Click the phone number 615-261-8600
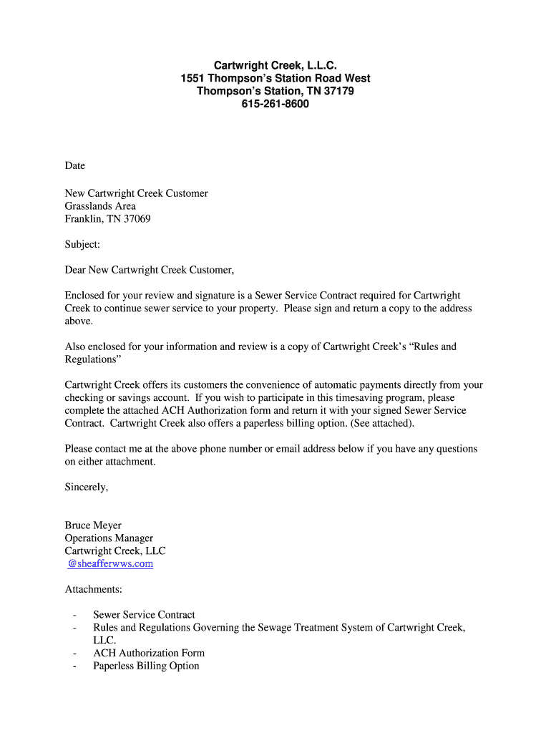(x=275, y=105)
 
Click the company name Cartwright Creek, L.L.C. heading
(x=275, y=66)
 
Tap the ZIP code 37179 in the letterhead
(x=338, y=92)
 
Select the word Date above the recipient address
(x=75, y=166)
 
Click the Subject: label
(x=82, y=245)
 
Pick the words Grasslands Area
(x=100, y=206)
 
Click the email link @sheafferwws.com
(x=110, y=564)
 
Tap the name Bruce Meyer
(x=93, y=525)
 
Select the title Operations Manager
(x=109, y=538)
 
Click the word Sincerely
(x=87, y=487)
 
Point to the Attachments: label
(x=94, y=590)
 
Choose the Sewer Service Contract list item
(x=144, y=615)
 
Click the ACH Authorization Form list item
(x=149, y=653)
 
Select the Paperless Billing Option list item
(x=146, y=666)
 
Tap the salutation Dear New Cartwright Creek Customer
(x=150, y=270)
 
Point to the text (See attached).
(x=382, y=423)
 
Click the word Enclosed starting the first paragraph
(x=85, y=296)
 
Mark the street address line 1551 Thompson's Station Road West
(x=275, y=79)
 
